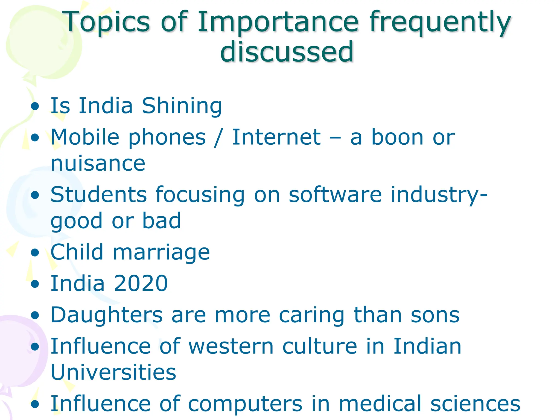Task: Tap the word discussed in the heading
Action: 287,51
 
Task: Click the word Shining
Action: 182,106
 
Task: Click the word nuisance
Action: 98,164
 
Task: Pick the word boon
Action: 397,137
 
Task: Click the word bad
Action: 161,221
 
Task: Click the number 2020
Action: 141,284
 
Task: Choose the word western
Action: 231,347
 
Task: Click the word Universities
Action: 113,372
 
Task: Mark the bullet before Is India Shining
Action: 35,106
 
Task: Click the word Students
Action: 98,195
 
